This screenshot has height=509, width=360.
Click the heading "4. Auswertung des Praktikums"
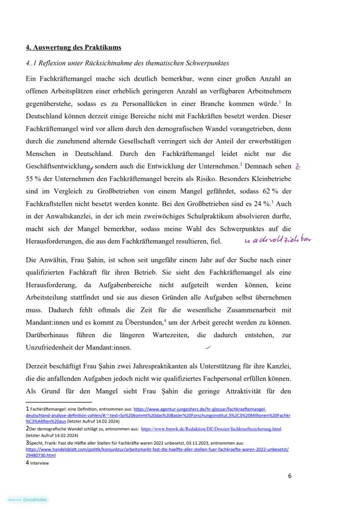coord(73,47)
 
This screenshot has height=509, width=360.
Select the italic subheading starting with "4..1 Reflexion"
coord(127,63)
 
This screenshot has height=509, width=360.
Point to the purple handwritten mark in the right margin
coord(298,166)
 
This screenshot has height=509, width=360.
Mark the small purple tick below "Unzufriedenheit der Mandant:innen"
coord(208,347)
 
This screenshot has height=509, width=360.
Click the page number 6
coord(290,476)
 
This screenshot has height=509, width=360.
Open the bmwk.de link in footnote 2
coord(211,429)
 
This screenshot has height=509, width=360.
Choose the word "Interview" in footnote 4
coord(40,463)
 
